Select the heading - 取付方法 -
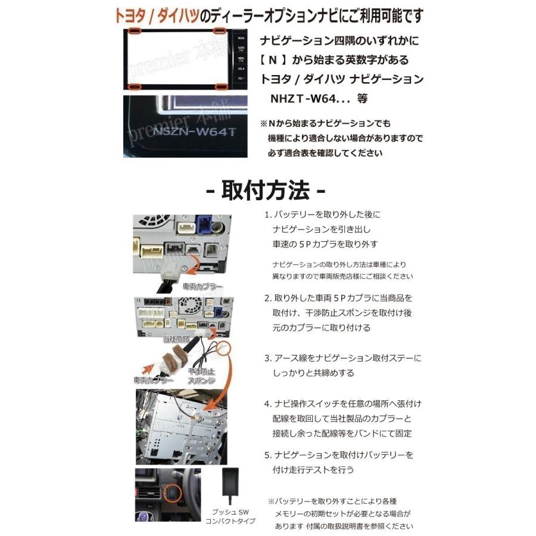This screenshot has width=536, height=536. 265,191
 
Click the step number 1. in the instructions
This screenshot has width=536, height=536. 267,215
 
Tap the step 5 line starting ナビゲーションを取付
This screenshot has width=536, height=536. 343,454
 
